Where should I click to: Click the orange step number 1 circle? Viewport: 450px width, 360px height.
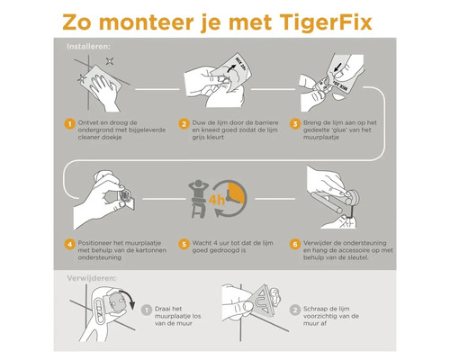click(x=68, y=123)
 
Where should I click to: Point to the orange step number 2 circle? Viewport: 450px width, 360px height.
click(x=184, y=123)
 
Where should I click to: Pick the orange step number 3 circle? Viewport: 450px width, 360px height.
click(x=295, y=123)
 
